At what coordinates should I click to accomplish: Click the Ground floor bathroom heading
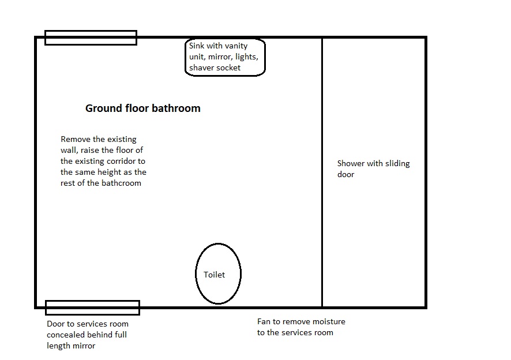pos(142,108)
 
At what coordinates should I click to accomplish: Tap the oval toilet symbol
pos(218,243)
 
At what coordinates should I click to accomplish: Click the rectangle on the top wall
pos(91,31)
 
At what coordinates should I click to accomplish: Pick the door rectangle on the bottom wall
pos(92,301)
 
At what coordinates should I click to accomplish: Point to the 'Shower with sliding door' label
pos(374,168)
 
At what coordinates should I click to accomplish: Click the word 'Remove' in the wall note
pos(76,139)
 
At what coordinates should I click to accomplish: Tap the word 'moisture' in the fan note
pos(329,321)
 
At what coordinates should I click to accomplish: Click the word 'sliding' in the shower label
pos(397,164)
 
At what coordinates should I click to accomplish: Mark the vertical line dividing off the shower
pos(322,172)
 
